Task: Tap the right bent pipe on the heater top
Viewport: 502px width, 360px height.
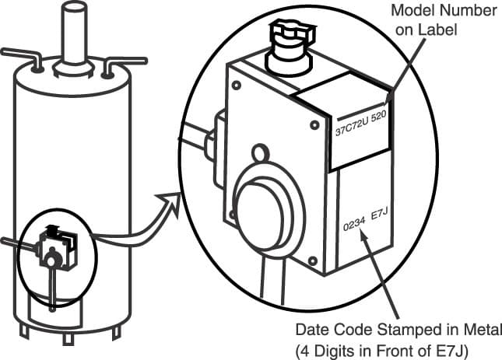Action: [x=125, y=61]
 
